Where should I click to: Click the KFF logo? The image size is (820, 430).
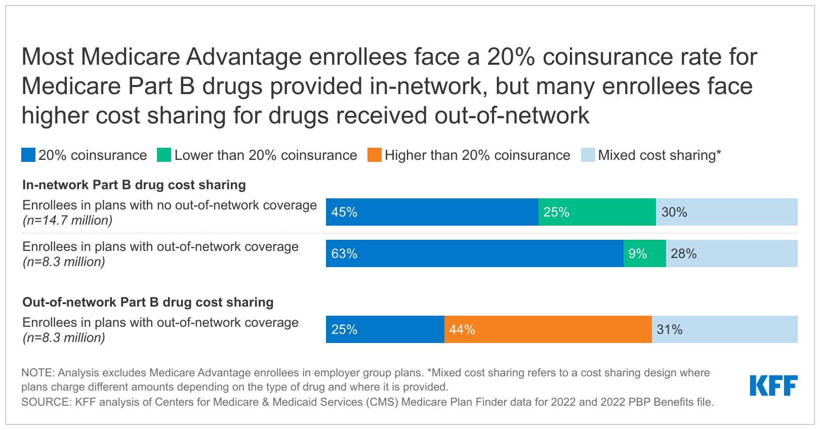click(x=773, y=385)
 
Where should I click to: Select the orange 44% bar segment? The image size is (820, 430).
click(x=548, y=329)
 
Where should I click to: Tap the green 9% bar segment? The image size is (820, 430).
click(x=644, y=253)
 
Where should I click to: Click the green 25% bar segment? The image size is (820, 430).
click(x=597, y=212)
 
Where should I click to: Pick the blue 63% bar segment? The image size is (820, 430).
click(x=474, y=253)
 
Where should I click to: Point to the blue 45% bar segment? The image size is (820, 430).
click(x=432, y=212)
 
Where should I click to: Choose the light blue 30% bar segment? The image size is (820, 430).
click(x=726, y=212)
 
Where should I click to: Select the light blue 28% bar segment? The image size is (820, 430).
click(x=731, y=253)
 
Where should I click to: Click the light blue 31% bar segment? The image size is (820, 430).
click(x=724, y=329)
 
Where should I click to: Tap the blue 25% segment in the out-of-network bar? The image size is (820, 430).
click(x=385, y=329)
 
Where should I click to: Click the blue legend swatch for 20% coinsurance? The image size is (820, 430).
click(x=28, y=155)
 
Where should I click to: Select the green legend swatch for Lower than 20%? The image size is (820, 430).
click(x=164, y=155)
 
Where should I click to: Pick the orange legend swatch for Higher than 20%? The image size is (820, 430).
click(x=375, y=155)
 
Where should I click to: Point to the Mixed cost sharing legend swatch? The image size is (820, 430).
click(x=588, y=155)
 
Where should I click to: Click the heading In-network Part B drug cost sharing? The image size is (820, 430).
click(x=134, y=185)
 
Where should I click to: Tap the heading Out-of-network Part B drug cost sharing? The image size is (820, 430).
click(x=148, y=302)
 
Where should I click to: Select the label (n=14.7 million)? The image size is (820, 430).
click(x=67, y=221)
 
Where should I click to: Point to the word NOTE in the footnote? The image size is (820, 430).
click(x=37, y=373)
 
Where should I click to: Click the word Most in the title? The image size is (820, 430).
click(x=48, y=57)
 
